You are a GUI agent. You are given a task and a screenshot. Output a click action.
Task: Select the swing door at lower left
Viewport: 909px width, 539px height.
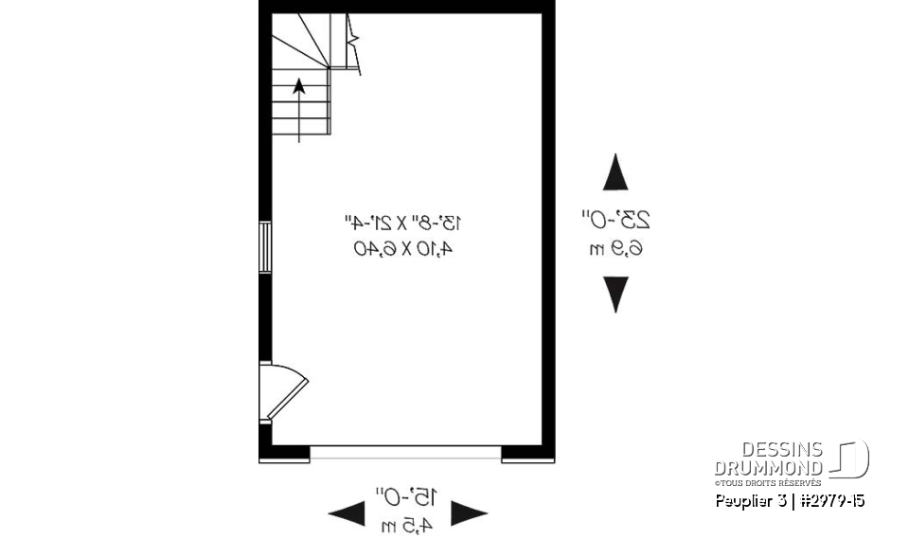pos(282,391)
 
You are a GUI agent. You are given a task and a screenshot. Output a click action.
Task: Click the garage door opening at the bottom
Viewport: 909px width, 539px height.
pos(405,453)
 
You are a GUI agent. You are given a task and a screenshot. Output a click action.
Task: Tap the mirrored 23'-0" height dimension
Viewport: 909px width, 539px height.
pos(616,220)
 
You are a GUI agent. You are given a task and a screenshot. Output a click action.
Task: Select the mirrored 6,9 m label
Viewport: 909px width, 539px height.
pos(616,249)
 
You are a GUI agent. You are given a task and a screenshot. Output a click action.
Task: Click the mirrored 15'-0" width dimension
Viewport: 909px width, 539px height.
pos(407,494)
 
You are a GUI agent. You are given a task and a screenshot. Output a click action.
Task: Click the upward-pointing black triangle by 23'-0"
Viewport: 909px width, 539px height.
pos(616,174)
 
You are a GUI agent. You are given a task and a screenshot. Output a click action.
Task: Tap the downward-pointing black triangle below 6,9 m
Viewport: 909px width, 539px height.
pos(616,295)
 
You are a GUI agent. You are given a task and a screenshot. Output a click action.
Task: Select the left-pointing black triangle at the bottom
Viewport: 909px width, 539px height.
pos(347,514)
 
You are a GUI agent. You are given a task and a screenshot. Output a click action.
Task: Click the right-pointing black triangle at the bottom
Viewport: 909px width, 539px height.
pos(469,514)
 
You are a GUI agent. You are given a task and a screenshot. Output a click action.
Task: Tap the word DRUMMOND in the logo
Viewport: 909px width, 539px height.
pos(769,467)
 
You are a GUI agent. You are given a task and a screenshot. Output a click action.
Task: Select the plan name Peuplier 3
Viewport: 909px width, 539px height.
pos(749,500)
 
